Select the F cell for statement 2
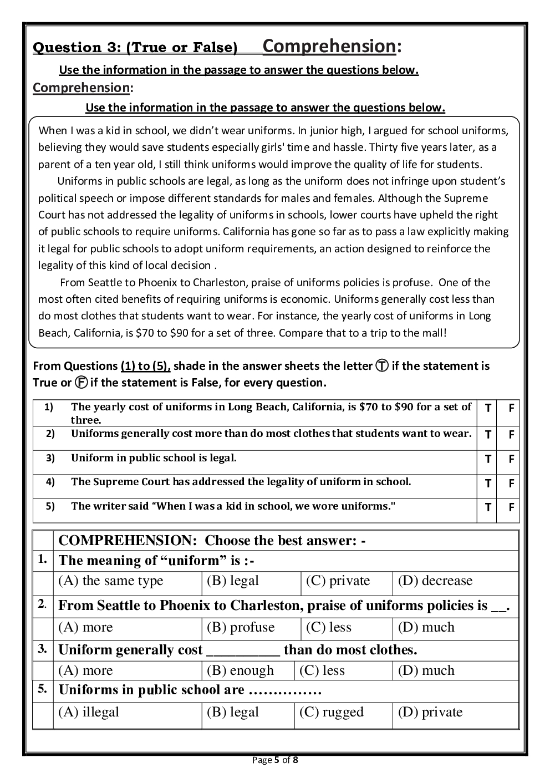click(511, 435)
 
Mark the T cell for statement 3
click(488, 459)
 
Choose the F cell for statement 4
click(511, 483)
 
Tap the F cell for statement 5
click(511, 507)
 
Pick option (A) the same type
click(111, 581)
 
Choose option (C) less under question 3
click(322, 670)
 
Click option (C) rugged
click(332, 712)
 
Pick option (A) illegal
click(89, 712)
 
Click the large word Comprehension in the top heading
click(329, 46)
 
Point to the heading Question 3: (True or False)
click(135, 48)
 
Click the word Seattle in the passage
click(108, 282)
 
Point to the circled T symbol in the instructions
click(382, 366)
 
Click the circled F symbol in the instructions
click(82, 383)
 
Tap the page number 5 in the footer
click(277, 760)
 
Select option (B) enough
click(241, 670)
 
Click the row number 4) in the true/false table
click(50, 482)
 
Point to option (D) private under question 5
click(430, 712)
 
